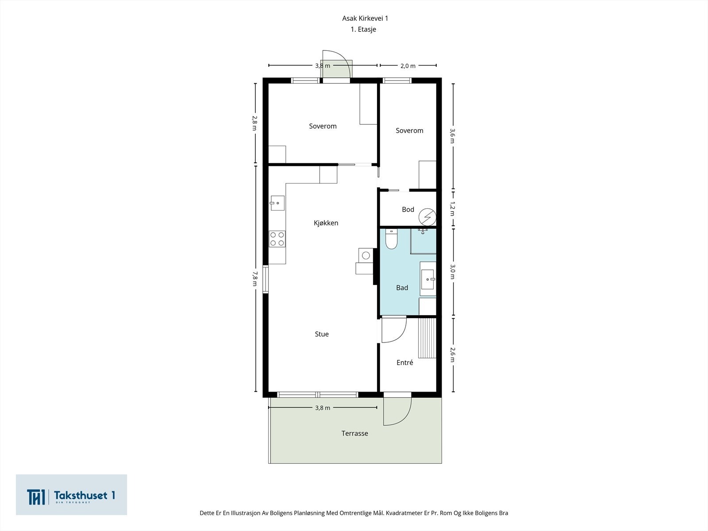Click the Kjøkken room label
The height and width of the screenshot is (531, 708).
coord(326,223)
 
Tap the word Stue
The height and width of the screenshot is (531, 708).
coord(322,334)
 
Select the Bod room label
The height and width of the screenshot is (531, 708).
coord(408,210)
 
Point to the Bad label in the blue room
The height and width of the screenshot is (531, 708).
coord(402,288)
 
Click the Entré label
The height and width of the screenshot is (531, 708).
coord(404,362)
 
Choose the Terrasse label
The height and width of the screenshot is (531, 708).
coord(354,433)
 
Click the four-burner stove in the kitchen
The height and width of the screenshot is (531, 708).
coord(277,239)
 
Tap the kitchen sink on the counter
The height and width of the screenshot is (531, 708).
coord(277,203)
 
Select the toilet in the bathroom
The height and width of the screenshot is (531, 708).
coord(391,239)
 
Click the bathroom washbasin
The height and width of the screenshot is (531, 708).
coord(428,279)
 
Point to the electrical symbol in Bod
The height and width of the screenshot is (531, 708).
coord(427,217)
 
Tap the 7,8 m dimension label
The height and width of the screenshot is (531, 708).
coord(255,279)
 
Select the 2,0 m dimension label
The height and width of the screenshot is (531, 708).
coord(408,66)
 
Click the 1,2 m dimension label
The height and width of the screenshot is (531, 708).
coord(452,209)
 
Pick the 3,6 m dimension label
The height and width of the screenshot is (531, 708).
coord(452,136)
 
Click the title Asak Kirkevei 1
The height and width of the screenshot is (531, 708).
coord(365,19)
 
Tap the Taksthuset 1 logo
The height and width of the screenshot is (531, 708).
coord(71,495)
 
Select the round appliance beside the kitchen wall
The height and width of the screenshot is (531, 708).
coord(366,256)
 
